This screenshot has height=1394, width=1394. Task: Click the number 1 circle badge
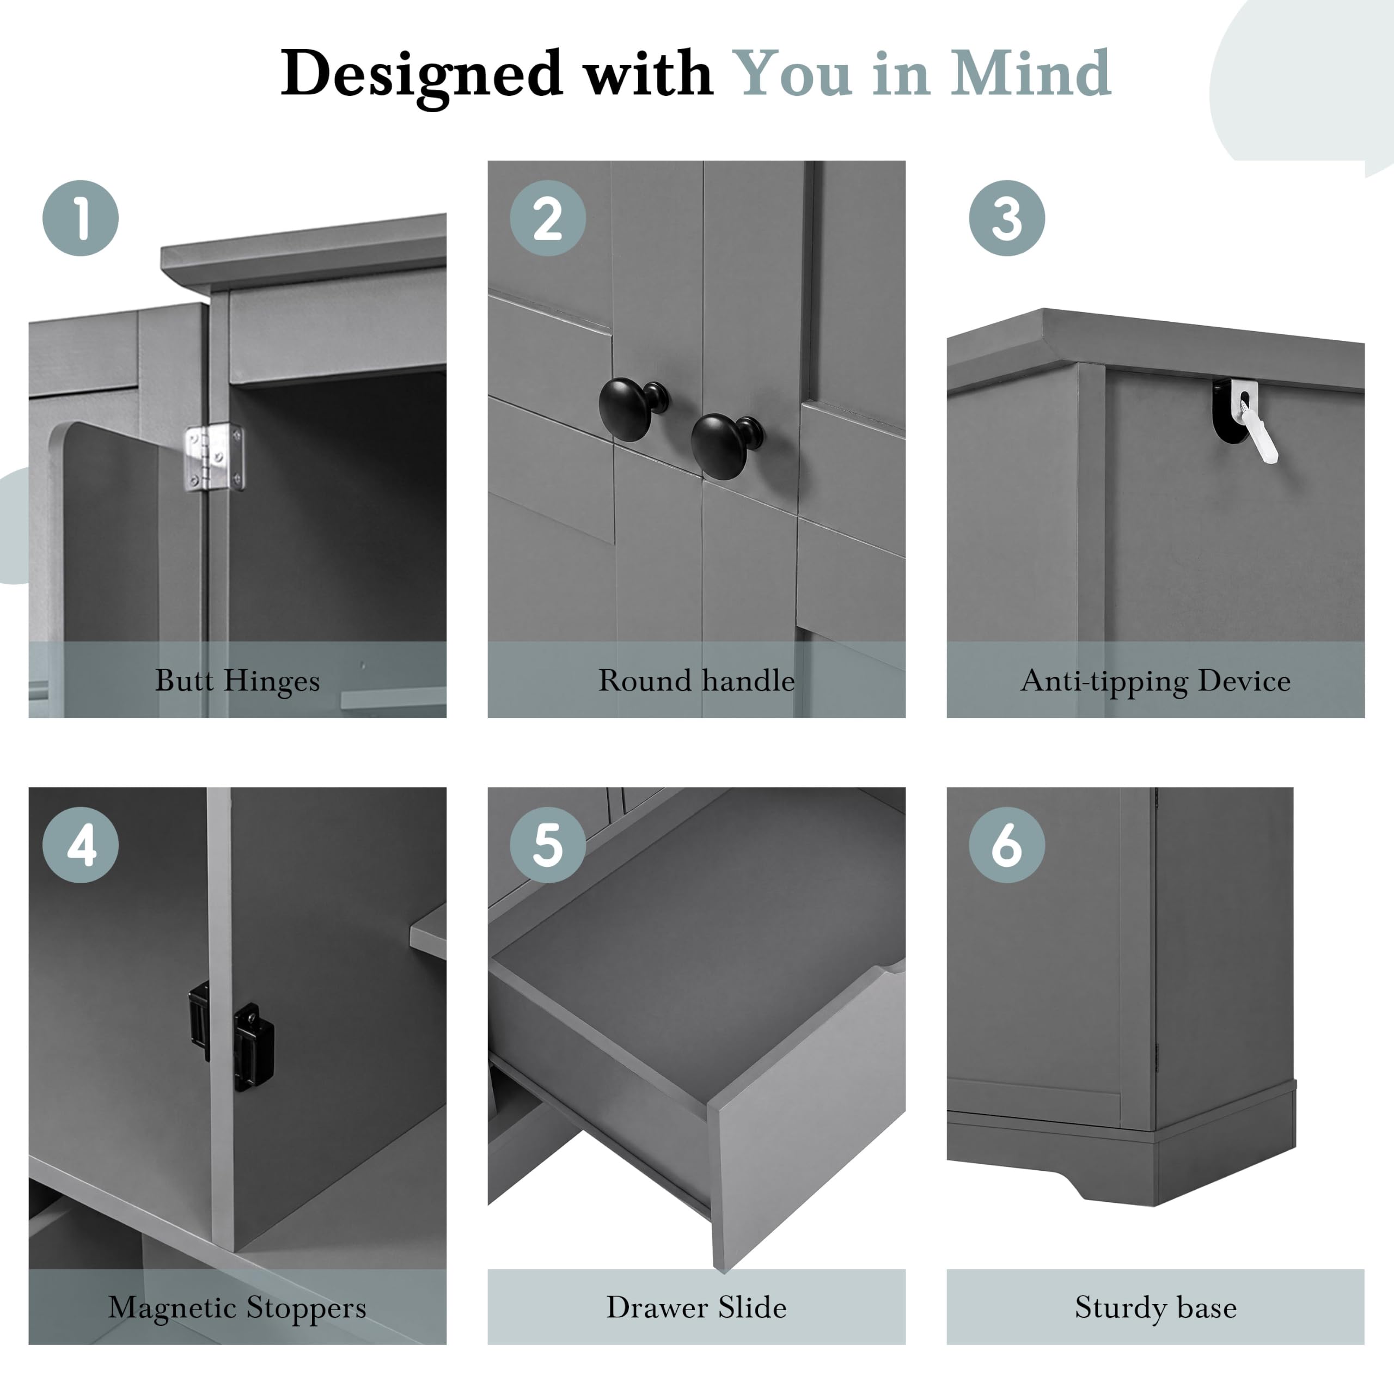click(81, 218)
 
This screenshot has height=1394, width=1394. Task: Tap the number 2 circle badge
click(548, 218)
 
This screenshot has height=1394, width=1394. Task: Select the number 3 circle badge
click(1006, 218)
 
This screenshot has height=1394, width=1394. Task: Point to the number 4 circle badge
click(81, 845)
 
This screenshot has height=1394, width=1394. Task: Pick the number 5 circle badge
click(548, 845)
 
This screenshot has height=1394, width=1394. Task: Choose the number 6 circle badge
click(1006, 845)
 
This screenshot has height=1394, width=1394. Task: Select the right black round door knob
click(725, 446)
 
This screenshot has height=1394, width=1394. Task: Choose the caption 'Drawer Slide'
click(696, 1307)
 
